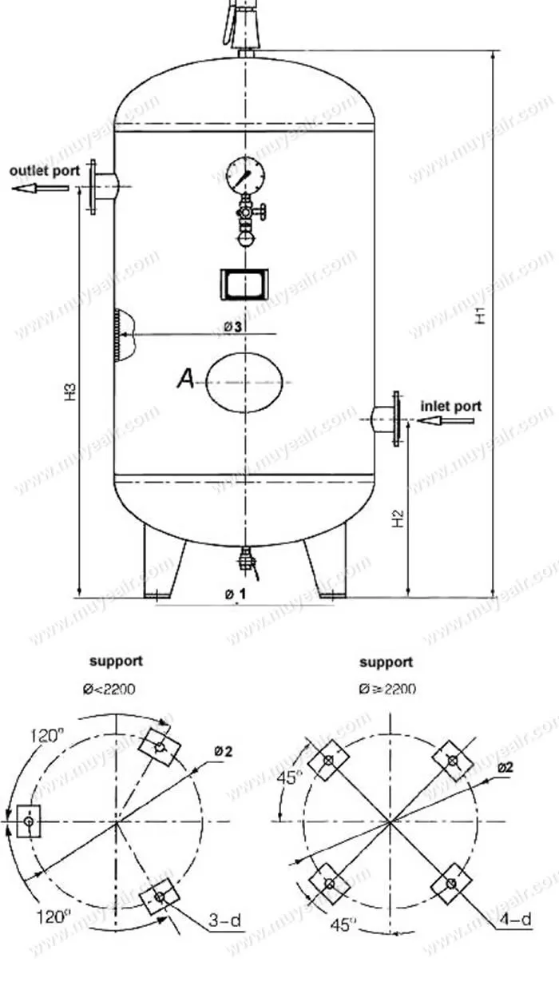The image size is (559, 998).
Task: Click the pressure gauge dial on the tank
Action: (244, 173)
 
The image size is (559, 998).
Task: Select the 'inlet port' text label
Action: (451, 406)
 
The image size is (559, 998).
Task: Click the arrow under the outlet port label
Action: (40, 189)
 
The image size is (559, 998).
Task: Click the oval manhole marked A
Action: (244, 383)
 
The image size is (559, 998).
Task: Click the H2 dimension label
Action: (398, 520)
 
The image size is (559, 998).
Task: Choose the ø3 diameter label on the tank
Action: (232, 326)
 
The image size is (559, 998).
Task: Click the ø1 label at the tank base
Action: (236, 594)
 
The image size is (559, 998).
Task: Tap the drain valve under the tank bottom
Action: (246, 559)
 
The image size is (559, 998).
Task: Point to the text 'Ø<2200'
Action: (116, 689)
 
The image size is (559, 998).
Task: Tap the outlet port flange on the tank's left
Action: (94, 187)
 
